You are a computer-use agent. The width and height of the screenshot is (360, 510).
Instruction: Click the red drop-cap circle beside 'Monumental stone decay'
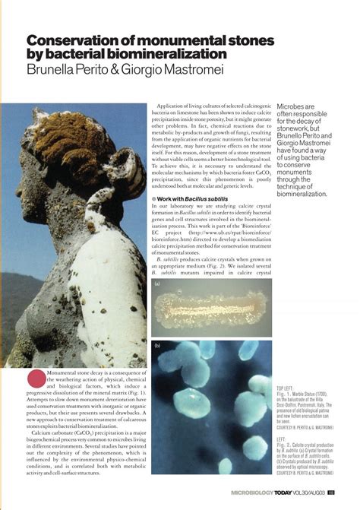[x=36, y=378]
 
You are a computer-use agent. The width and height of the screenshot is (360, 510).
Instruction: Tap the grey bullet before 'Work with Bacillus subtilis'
[x=154, y=198]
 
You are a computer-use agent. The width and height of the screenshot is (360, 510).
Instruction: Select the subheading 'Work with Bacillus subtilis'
[x=191, y=198]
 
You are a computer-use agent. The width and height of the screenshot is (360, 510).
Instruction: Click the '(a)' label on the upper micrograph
[x=156, y=283]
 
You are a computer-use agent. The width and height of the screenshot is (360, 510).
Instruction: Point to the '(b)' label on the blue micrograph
[x=156, y=346]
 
